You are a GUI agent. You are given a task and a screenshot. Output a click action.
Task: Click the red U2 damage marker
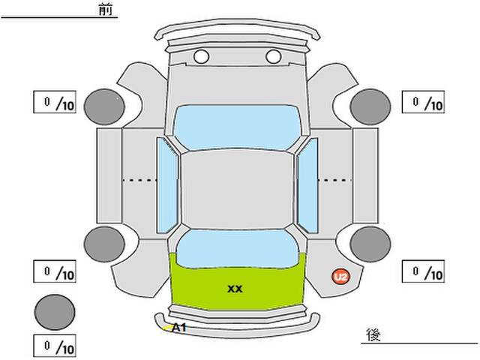pyautogui.click(x=341, y=277)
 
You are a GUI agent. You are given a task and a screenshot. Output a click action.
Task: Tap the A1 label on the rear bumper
pyautogui.click(x=178, y=328)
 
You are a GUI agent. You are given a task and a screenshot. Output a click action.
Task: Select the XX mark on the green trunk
pyautogui.click(x=235, y=289)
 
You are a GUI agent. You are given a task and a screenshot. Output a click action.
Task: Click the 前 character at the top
pyautogui.click(x=106, y=9)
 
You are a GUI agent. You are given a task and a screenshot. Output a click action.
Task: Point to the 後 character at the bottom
pyautogui.click(x=373, y=334)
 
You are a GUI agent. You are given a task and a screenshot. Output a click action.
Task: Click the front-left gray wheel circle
pyautogui.click(x=104, y=106)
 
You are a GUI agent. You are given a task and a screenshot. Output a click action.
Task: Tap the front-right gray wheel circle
pyautogui.click(x=370, y=106)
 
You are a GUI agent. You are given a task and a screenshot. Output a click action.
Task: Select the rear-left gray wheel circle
pyautogui.click(x=104, y=244)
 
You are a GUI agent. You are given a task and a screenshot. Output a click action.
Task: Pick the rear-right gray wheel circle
pyautogui.click(x=370, y=244)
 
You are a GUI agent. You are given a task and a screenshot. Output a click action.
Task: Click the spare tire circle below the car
pyautogui.click(x=55, y=312)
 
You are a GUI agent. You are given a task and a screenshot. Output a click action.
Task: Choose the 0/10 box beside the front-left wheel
pyautogui.click(x=55, y=102)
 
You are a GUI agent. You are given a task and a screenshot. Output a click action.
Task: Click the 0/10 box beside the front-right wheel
pyautogui.click(x=423, y=102)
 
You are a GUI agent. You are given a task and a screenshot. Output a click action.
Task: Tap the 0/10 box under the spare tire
pyautogui.click(x=55, y=346)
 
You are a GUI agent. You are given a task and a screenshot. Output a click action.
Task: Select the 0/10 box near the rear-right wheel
pyautogui.click(x=423, y=271)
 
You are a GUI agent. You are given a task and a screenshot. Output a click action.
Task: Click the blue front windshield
pyautogui.click(x=237, y=127)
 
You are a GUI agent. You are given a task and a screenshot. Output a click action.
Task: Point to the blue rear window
pyautogui.click(x=237, y=249)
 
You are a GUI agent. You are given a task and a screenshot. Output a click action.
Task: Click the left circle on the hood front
pyautogui.click(x=202, y=57)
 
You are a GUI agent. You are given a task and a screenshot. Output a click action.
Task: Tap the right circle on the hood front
pyautogui.click(x=273, y=57)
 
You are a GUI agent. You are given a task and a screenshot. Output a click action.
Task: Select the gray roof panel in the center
pyautogui.click(x=237, y=189)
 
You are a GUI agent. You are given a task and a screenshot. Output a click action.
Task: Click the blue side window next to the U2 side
pyautogui.click(x=307, y=185)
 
